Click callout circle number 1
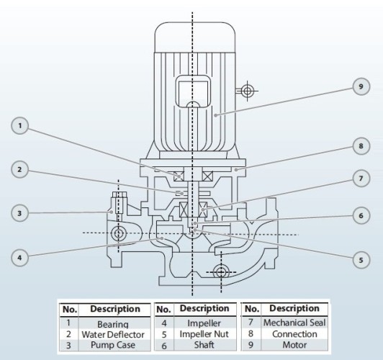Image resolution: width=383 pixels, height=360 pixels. tap(21, 127)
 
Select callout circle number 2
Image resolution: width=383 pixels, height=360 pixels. tap(21, 170)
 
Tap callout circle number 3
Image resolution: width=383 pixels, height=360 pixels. tap(21, 213)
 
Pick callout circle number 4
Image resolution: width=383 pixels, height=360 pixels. tap(21, 256)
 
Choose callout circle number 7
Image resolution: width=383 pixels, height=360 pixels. tap(361, 177)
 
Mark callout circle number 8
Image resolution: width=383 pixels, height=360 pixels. tap(361, 145)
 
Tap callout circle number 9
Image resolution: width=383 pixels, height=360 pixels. tap(361, 87)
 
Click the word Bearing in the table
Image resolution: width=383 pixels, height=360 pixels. tap(114, 324)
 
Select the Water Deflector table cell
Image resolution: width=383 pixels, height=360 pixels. tap(114, 335)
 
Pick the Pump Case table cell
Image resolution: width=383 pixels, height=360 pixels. tap(114, 346)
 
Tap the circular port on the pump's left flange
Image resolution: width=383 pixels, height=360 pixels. tap(118, 233)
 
